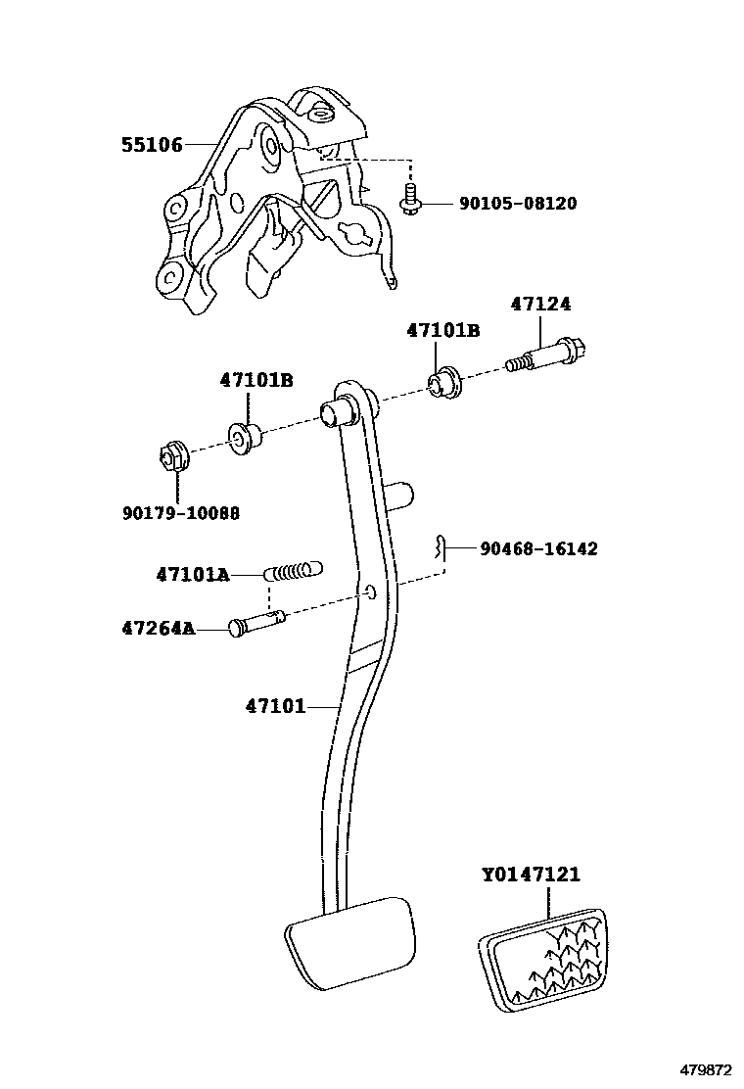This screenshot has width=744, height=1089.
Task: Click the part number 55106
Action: click(x=152, y=145)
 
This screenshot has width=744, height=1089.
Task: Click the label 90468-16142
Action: click(x=538, y=549)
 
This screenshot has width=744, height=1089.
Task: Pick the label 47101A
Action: click(x=192, y=575)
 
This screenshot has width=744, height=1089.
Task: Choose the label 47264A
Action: click(x=186, y=628)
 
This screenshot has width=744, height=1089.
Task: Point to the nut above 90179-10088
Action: click(x=172, y=456)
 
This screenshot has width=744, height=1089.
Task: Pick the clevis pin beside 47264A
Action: click(x=256, y=624)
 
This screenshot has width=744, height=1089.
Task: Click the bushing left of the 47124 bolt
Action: click(x=446, y=381)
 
